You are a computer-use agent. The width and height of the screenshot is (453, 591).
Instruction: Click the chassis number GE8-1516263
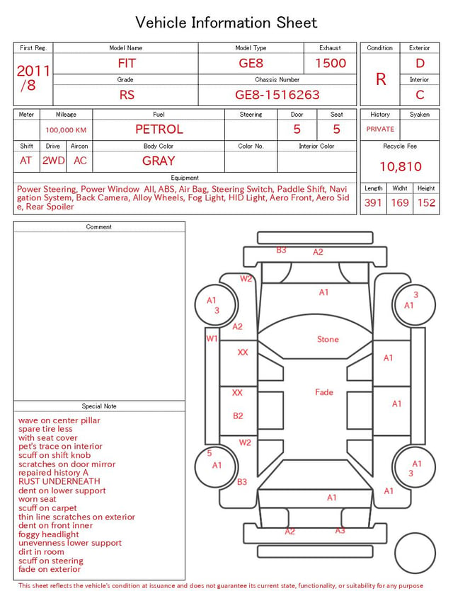click(277, 95)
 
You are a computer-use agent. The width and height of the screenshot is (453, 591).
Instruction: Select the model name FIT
click(126, 63)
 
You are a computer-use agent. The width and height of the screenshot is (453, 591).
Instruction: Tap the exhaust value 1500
click(331, 63)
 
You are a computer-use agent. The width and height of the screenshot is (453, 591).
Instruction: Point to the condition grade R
click(381, 79)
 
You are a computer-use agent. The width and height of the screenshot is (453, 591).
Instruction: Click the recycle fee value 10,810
click(400, 166)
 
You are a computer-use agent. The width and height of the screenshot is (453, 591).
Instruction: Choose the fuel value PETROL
click(159, 130)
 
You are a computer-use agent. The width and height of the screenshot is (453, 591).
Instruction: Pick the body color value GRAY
click(159, 161)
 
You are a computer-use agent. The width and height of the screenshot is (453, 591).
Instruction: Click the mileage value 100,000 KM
click(66, 130)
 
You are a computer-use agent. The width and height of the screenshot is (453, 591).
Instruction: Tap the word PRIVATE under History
click(380, 129)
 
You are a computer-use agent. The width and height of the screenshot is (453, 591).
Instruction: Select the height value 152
click(426, 202)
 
